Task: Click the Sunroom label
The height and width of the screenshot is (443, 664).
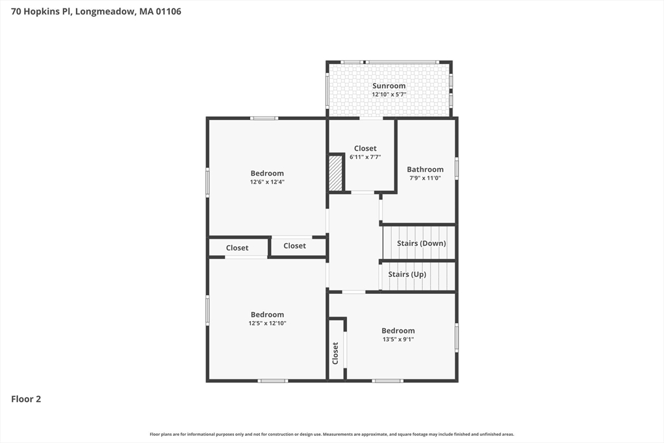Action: point(389,86)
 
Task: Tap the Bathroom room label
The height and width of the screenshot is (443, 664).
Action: point(425,169)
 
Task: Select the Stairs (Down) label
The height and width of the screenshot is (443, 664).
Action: point(421,243)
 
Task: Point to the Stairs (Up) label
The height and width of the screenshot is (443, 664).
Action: point(407,274)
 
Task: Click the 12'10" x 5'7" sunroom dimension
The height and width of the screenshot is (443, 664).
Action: point(389,95)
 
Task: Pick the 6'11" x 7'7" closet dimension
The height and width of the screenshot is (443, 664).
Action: point(365,157)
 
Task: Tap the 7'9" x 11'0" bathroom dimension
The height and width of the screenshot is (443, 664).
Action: point(425,178)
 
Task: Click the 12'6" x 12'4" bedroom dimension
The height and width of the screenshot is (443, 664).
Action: point(267,182)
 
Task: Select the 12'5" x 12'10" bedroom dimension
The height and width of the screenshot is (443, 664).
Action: point(267,323)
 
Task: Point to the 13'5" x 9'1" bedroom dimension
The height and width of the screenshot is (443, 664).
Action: point(398,339)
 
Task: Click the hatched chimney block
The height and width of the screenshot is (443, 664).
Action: point(336,173)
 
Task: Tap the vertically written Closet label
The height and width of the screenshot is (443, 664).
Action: point(335,353)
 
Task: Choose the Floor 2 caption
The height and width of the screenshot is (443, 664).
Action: point(26,399)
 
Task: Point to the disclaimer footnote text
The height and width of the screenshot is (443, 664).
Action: point(332,434)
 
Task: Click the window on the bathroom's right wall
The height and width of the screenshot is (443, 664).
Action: point(456,168)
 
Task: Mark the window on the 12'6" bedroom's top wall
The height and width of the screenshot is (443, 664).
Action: point(264,118)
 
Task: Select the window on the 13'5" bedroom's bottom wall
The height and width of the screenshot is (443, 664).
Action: point(388,381)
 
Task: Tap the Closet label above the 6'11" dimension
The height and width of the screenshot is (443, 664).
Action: point(365,149)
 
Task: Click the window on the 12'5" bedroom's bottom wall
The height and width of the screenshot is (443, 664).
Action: point(273,381)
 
